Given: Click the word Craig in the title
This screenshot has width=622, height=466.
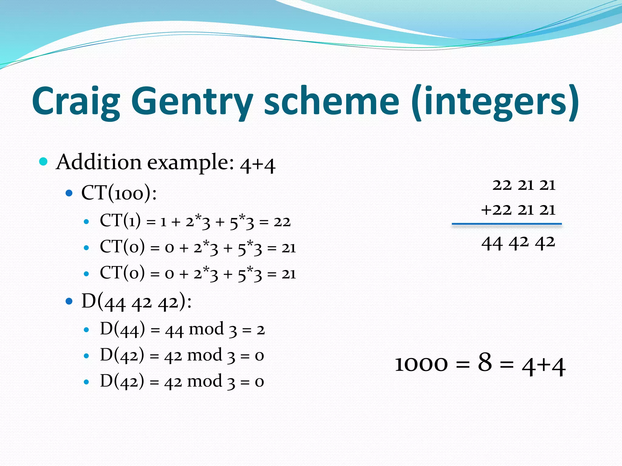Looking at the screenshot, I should pos(76,102).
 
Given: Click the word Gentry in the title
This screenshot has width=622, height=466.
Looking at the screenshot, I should pos(192,102).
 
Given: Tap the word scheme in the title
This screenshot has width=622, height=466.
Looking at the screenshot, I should pos(331,102).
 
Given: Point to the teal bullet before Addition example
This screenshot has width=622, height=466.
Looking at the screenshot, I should pos(43,161).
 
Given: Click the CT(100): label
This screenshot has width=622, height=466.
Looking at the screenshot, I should pos(119,193).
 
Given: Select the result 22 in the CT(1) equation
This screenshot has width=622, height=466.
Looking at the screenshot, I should pos(282,222).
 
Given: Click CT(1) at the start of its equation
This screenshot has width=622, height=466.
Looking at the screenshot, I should pos(120,221).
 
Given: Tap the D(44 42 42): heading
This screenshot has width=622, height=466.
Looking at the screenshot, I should pos(136,302).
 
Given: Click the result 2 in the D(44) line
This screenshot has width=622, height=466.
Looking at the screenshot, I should pos(260,330).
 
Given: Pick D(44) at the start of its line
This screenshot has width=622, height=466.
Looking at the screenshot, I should pos(122,329).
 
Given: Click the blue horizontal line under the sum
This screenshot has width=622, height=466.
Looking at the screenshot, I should pos(506,224).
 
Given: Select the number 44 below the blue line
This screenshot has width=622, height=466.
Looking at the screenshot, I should pos(492,244).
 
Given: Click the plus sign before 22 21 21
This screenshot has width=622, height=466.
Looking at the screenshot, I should pos(486,210).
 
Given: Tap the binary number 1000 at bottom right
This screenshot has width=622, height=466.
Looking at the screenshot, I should pos(421,364).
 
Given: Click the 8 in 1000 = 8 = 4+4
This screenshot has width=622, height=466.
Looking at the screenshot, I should pos(485,362).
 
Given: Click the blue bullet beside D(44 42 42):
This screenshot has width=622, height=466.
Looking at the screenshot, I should pos(69,301).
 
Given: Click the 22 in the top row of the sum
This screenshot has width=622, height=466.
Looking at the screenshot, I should pos(502,185).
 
